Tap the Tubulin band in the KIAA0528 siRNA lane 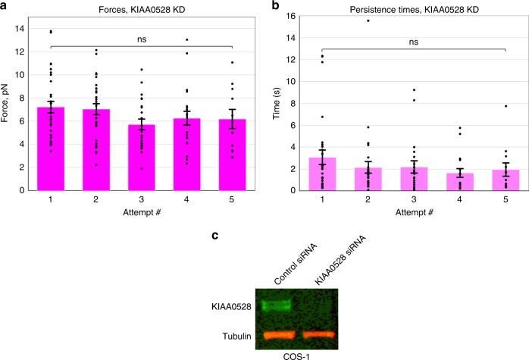(x=324, y=334)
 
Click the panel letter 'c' (x=215, y=236)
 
